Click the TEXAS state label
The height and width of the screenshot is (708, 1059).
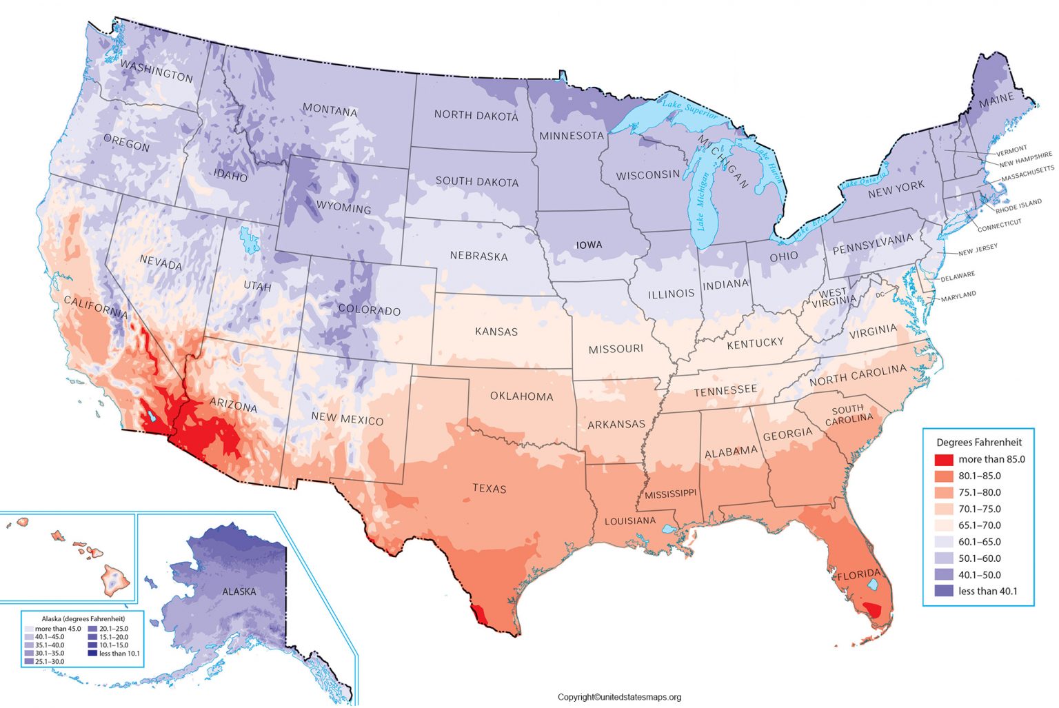pos(490,489)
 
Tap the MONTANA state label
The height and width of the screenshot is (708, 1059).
pos(330,110)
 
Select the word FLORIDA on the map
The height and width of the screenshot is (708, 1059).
pos(858,574)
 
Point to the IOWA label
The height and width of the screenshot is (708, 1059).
pos(589,245)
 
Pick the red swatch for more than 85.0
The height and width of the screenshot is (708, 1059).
pos(942,460)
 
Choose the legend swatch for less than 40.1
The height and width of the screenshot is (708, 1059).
pos(942,591)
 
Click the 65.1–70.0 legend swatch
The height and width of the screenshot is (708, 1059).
pos(942,525)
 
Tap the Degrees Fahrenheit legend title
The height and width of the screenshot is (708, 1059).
pos(978,442)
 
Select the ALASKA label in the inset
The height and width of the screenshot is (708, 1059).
pos(239,591)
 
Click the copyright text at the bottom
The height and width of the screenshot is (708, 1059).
pos(618,697)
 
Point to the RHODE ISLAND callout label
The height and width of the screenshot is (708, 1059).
pos(1018,205)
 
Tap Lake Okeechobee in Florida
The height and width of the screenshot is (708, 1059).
pos(873,584)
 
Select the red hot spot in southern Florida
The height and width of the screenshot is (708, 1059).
pos(873,610)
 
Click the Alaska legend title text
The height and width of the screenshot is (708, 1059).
pos(83,619)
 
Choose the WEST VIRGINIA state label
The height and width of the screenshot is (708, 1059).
pos(834,298)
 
